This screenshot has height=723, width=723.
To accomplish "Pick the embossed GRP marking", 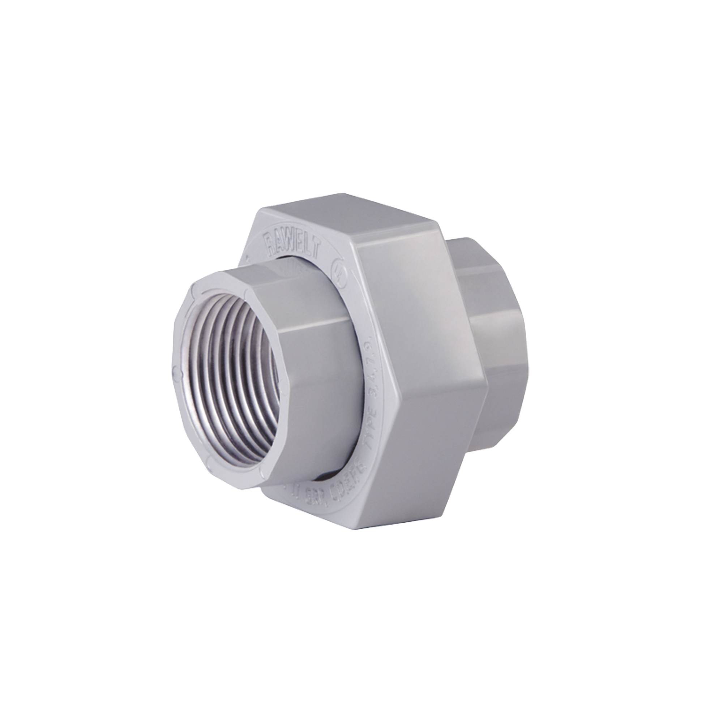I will coord(310,494).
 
